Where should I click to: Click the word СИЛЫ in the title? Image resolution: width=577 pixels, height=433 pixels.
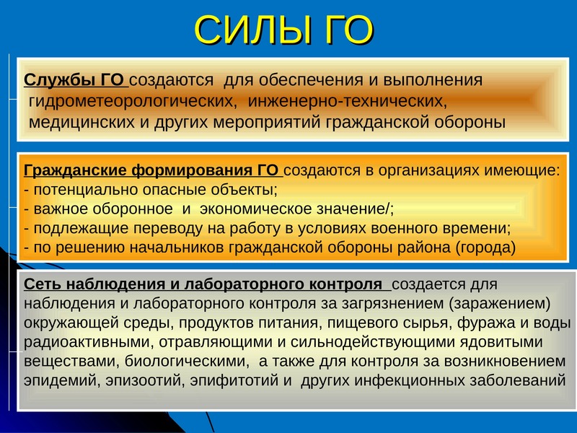pyautogui.click(x=250, y=31)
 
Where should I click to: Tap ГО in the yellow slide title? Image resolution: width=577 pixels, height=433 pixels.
pyautogui.click(x=344, y=30)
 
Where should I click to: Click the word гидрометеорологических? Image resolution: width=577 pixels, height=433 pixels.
pyautogui.click(x=133, y=101)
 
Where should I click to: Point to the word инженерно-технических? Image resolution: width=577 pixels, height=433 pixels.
pyautogui.click(x=348, y=101)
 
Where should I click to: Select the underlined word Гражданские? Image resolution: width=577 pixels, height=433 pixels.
pyautogui.click(x=76, y=170)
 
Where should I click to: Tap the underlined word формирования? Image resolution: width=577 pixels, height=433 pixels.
pyautogui.click(x=190, y=170)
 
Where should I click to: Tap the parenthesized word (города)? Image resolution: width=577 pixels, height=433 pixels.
pyautogui.click(x=485, y=248)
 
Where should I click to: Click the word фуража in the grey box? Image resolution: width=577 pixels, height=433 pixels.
pyautogui.click(x=483, y=323)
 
